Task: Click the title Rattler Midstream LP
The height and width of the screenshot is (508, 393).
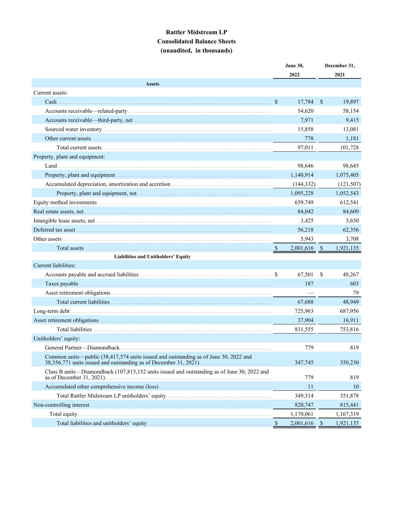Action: [x=196, y=32]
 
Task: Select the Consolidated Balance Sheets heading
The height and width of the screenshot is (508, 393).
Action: [x=196, y=41]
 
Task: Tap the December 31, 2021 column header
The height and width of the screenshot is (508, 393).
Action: [x=339, y=70]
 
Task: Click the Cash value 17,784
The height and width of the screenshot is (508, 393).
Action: [x=305, y=102]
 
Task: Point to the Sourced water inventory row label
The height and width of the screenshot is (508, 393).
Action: [x=73, y=130]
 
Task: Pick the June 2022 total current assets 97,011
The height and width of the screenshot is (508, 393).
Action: [x=305, y=148]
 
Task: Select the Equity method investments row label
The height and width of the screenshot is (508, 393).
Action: [x=65, y=202]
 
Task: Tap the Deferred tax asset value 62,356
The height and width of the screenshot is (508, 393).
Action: [x=351, y=230]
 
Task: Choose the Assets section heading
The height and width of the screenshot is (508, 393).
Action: [x=152, y=84]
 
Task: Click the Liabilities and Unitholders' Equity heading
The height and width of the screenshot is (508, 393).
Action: [x=152, y=257]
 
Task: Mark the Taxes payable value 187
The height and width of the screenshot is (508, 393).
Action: [x=309, y=284]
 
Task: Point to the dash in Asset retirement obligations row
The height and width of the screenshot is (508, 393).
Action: [x=310, y=293]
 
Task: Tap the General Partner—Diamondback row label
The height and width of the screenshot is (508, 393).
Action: [x=82, y=348]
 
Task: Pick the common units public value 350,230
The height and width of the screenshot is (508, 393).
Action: [x=349, y=362]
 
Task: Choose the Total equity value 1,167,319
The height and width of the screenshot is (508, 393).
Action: [x=347, y=414]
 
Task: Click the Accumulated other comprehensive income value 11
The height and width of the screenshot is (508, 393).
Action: [x=310, y=387]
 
